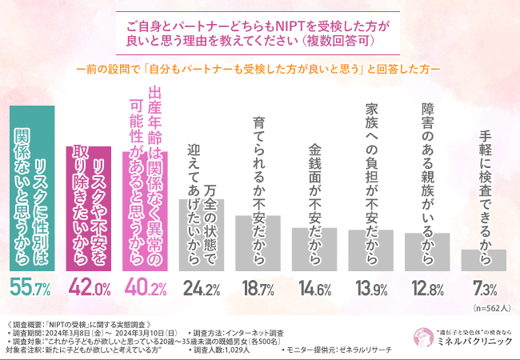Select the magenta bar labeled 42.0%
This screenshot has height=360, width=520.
(x=88, y=209)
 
